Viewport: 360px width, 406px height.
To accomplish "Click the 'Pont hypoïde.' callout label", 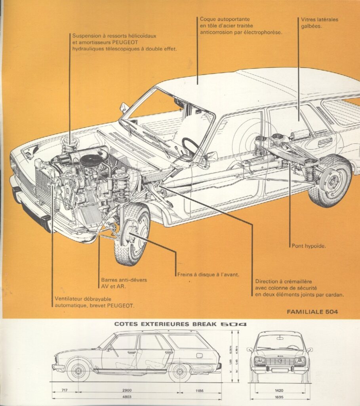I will (309, 246).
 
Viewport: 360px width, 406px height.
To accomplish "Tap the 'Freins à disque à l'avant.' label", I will (208, 274).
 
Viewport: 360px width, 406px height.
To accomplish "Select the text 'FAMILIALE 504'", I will (312, 312).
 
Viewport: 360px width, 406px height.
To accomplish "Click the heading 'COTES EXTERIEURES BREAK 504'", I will (180, 324).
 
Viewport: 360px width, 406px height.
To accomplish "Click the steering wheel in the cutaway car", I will (191, 146).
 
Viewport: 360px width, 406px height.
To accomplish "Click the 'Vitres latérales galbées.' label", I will (319, 23).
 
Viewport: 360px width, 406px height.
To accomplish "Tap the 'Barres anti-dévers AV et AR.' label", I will (124, 283).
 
